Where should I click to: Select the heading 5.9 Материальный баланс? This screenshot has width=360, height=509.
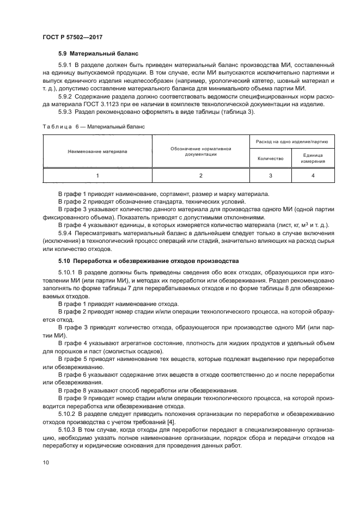pos(99,54)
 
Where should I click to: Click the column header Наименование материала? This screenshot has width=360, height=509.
pos(97,151)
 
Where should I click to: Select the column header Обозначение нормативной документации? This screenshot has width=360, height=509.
pos(201,151)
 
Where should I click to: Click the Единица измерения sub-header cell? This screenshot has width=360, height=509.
pos(313,158)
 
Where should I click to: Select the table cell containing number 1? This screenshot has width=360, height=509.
pos(97,175)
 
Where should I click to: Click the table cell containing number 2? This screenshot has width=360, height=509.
pos(201,175)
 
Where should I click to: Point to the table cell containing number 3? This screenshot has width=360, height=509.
pos(271,175)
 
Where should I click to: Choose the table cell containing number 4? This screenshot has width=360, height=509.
pos(313,175)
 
